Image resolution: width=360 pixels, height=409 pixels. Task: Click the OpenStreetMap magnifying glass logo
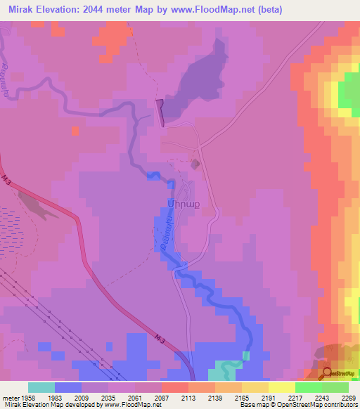pos(327,373)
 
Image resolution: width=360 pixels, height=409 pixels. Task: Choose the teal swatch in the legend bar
pos(41,387)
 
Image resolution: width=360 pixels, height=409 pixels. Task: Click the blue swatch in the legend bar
pos(68,387)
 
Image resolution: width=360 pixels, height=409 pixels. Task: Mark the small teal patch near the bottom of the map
pos(226,366)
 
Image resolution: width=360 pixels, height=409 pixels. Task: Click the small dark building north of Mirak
pos(195,164)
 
